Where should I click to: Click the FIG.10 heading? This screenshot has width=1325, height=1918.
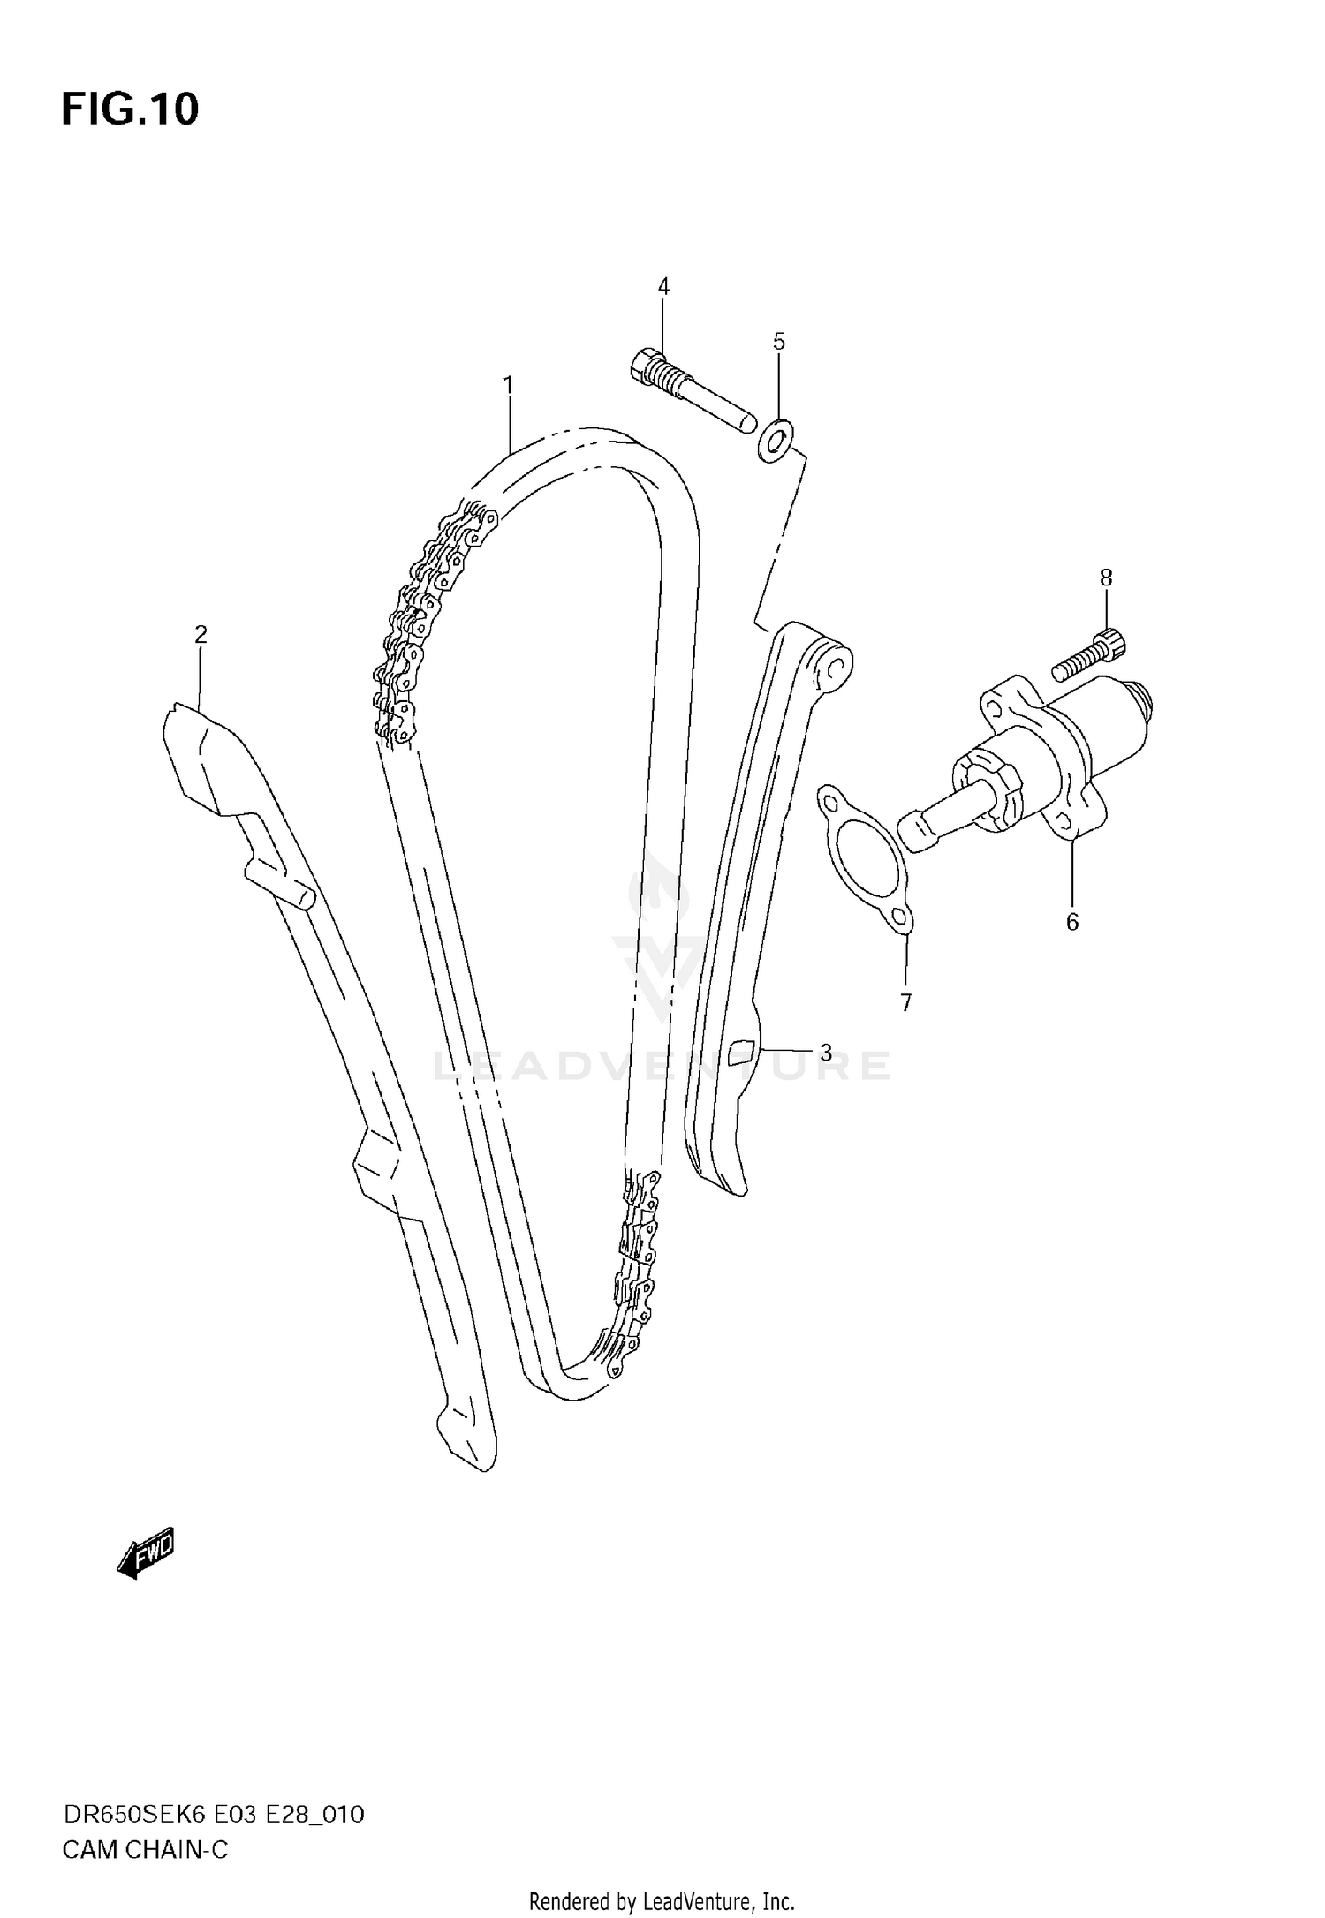[x=130, y=109]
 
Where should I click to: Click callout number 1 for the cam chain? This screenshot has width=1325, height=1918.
[x=509, y=385]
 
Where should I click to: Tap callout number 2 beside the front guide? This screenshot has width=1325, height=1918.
[x=201, y=634]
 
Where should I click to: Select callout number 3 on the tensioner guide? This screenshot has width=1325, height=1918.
[x=826, y=1053]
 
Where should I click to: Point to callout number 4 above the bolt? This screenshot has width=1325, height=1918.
[x=663, y=286]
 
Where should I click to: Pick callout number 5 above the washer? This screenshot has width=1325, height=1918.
[x=778, y=342]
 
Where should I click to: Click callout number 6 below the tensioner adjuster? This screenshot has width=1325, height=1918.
[x=1071, y=923]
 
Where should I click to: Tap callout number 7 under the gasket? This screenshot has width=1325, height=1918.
[x=905, y=1002]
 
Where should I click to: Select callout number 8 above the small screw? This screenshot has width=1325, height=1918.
[x=1106, y=578]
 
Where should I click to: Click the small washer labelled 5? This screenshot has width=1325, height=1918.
[x=776, y=440]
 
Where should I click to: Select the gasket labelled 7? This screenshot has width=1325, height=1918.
[x=865, y=857]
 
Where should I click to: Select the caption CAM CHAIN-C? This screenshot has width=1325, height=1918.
[x=145, y=1849]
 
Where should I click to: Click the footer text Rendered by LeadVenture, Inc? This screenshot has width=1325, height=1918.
[x=662, y=1900]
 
